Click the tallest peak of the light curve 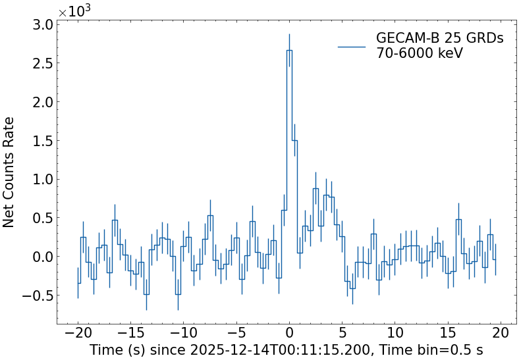(x=289, y=51)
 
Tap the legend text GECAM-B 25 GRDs (x=439, y=38)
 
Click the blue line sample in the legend (x=351, y=46)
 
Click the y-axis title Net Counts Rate (x=9, y=172)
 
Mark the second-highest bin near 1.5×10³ (x=294, y=141)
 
